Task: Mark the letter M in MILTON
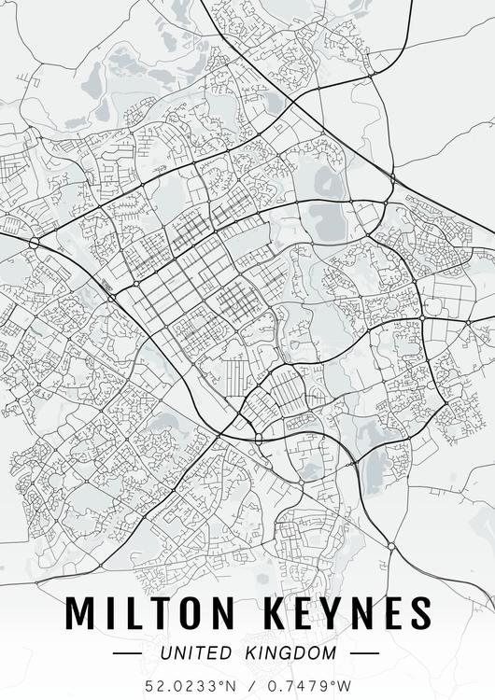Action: [82, 613]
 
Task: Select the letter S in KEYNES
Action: [420, 613]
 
